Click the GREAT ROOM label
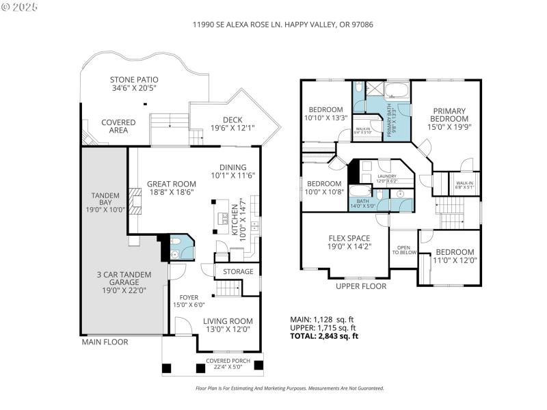171,184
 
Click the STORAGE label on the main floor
238,272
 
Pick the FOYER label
189,297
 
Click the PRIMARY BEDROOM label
448,115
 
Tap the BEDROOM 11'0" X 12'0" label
455,251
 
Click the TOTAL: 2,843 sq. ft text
325,336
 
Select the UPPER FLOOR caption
361,286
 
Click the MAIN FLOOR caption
105,342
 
